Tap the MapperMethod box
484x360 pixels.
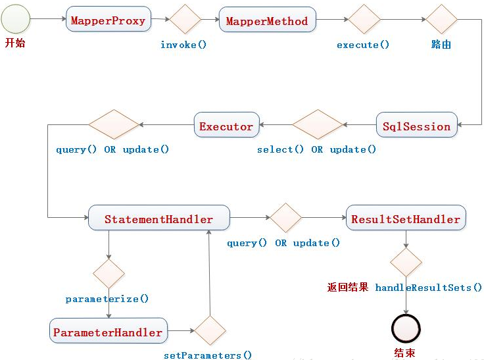click(x=266, y=20)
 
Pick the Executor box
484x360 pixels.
click(x=226, y=126)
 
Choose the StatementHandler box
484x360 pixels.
click(x=158, y=219)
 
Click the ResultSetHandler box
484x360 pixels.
click(x=406, y=219)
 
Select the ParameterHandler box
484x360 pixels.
click(x=108, y=332)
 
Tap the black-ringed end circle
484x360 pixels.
click(x=406, y=328)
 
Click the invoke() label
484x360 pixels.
click(x=183, y=45)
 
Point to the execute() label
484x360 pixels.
click(x=363, y=45)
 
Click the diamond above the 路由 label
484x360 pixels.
click(x=441, y=19)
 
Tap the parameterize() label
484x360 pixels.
click(x=107, y=299)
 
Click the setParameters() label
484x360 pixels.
click(x=208, y=355)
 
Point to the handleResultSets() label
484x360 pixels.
click(x=428, y=288)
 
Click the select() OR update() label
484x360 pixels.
click(x=317, y=149)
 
